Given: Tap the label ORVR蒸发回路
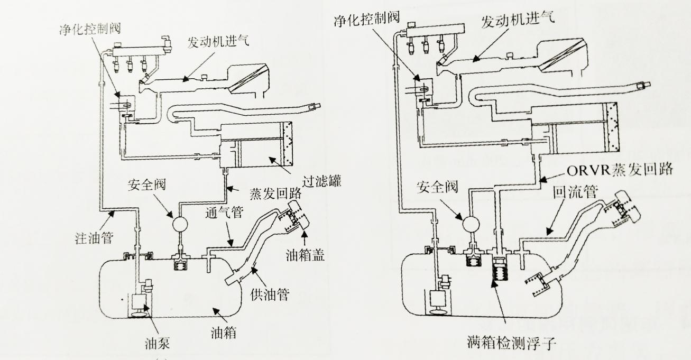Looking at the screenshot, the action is (x=620, y=170).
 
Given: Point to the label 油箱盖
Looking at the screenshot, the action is (x=305, y=255).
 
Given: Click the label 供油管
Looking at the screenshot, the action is (x=270, y=294).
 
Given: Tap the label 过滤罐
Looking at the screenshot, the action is (x=321, y=181).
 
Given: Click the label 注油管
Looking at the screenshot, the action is (x=95, y=237).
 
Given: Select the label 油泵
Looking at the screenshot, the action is (x=158, y=343).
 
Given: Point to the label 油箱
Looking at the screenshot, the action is (x=224, y=333).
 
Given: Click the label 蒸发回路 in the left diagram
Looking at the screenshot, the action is (x=275, y=193).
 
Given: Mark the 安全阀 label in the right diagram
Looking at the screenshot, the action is (x=437, y=187).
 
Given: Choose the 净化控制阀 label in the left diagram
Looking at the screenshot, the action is (x=90, y=29).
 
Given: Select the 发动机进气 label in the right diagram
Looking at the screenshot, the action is (x=518, y=19).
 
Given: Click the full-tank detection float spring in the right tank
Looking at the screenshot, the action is (x=500, y=273).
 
